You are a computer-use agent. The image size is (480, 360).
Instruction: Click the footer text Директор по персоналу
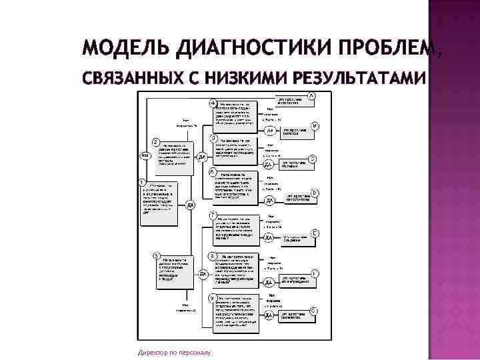point(173,352)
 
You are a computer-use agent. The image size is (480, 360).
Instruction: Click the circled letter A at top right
point(312,96)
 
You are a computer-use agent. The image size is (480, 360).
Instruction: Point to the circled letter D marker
point(315,193)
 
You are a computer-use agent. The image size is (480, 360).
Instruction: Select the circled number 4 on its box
point(213,103)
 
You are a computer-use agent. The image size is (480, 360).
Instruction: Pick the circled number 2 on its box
point(155,141)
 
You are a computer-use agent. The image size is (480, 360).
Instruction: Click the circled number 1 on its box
point(142,181)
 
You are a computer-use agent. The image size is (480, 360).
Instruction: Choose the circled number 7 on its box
point(212,215)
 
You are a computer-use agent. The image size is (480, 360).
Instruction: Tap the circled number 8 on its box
point(212,256)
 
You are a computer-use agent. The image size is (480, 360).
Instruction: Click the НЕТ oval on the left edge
point(144,156)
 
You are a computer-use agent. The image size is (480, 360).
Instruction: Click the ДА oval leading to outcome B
point(270,131)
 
